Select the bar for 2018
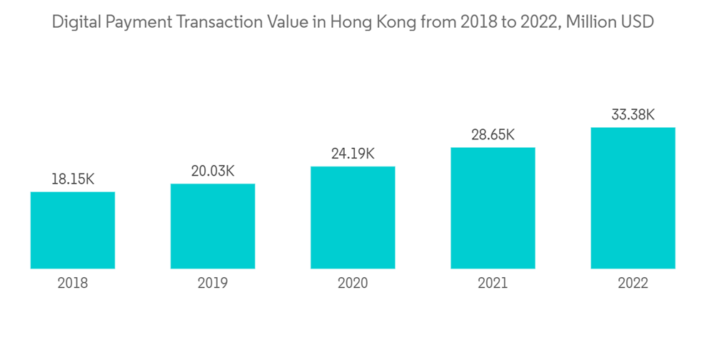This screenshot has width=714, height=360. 73,230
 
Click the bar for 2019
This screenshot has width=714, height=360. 213,226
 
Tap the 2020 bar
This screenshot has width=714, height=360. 353,217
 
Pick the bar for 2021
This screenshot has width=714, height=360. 493,208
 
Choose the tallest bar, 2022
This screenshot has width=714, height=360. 633,198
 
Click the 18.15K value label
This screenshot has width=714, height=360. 73,179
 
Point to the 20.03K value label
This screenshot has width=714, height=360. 213,171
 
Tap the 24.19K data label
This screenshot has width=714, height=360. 353,154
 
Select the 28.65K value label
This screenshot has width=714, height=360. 493,135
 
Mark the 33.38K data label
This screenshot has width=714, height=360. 633,115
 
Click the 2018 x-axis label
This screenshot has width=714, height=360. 73,284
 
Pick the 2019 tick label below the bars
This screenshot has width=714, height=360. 213,284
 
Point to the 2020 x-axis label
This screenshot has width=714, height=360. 353,284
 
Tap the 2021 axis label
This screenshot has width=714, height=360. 493,284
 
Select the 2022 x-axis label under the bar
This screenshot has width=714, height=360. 633,284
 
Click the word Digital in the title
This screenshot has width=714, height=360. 76,22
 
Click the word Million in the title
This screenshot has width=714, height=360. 588,22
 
